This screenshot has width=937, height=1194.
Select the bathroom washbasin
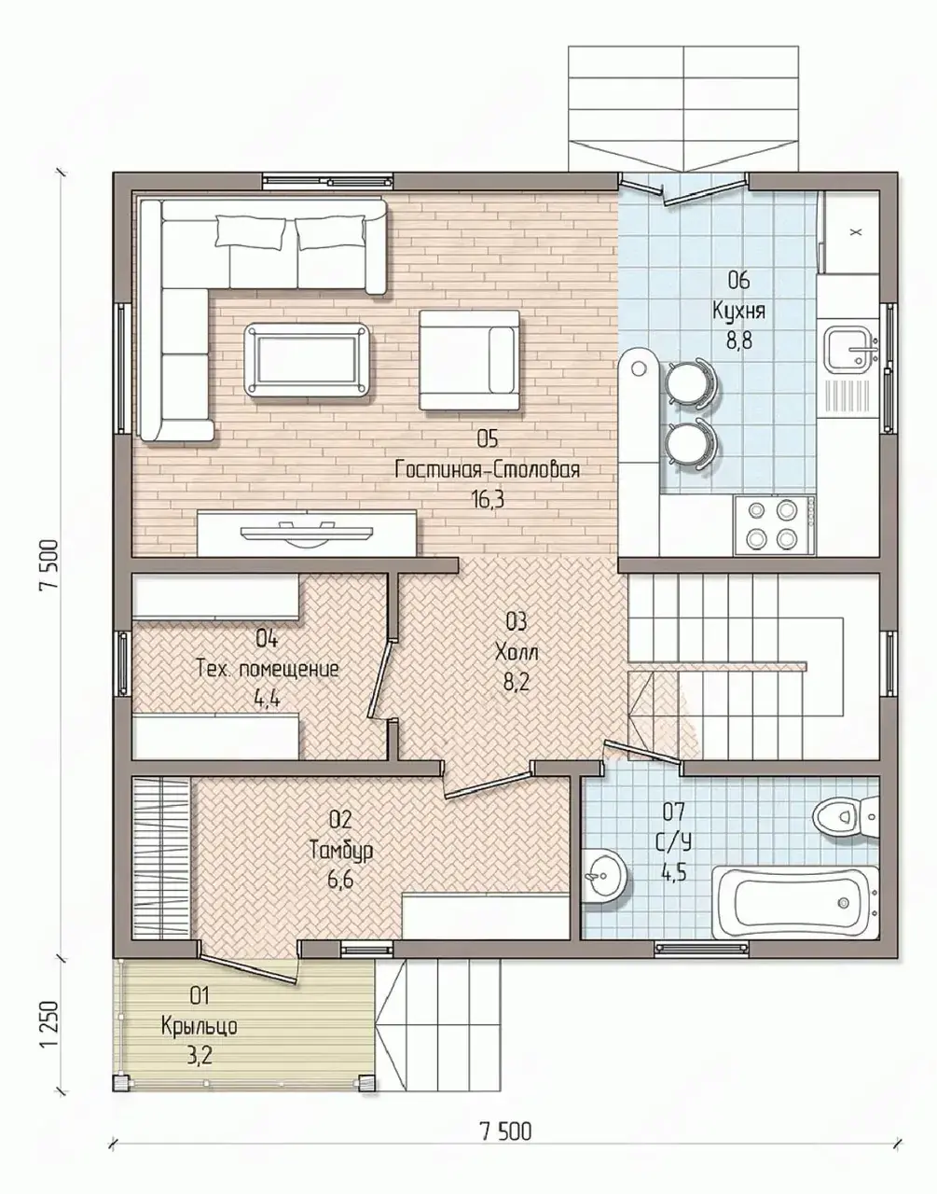coord(605,875)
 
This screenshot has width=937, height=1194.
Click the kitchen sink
coord(852,347)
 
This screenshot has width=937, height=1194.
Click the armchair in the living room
coord(469,360)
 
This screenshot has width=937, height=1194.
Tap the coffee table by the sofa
coord(307,360)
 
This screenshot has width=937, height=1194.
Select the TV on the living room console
coord(307,533)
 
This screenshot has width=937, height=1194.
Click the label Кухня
coord(738,311)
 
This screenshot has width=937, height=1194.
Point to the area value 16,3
coord(487,499)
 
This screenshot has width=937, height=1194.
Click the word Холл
coord(517,653)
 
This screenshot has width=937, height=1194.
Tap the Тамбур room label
coord(341,850)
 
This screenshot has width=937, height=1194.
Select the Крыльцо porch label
coord(200,1026)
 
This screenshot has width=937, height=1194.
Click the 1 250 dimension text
coord(49,1024)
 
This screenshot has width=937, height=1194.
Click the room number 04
coord(267,639)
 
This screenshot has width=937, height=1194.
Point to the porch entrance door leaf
coord(248,968)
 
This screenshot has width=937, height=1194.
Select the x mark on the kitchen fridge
coord(855,232)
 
